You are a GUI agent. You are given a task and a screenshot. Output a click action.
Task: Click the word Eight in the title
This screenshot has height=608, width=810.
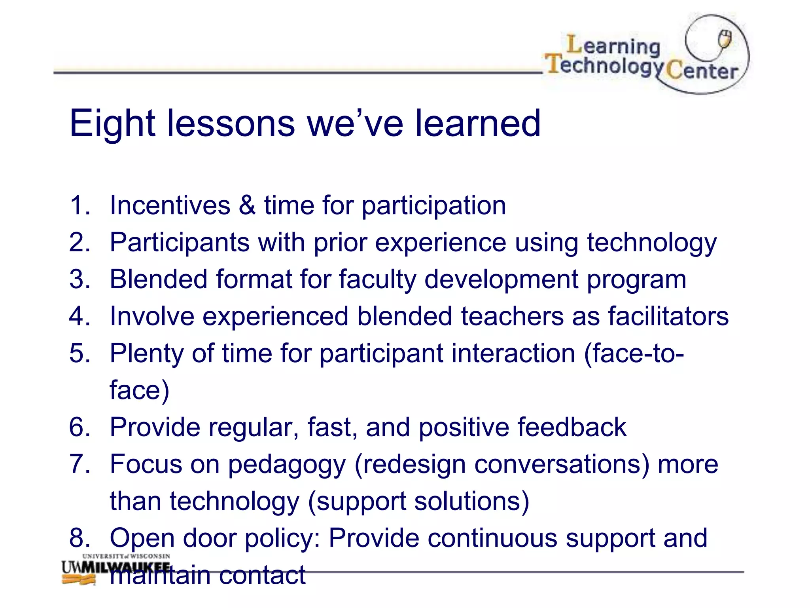coord(112,123)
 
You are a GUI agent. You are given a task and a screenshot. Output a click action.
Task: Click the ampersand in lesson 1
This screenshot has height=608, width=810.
coord(247,205)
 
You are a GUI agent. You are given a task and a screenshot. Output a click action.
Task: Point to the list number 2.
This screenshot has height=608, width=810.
coord(79,242)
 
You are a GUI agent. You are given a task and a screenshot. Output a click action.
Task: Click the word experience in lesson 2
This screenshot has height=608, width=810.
coord(440,243)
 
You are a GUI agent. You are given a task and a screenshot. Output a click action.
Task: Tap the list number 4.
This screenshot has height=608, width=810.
coord(79,316)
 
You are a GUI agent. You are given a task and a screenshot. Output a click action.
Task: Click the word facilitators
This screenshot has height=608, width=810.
coord(668,316)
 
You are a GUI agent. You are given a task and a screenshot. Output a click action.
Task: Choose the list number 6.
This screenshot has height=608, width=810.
coord(79,427)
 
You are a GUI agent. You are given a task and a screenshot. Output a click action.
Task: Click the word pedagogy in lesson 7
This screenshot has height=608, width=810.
coord(287,465)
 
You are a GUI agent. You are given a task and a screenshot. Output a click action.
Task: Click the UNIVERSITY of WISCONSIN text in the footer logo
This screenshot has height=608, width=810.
coord(126,556)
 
